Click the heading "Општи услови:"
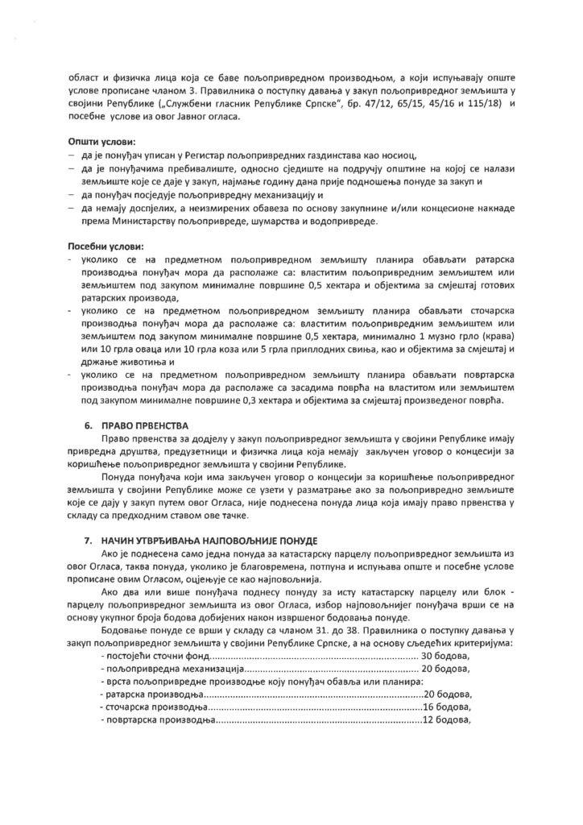point(101,142)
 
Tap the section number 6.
point(89,425)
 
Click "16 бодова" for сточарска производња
point(448,706)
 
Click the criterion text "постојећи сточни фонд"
point(153,657)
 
